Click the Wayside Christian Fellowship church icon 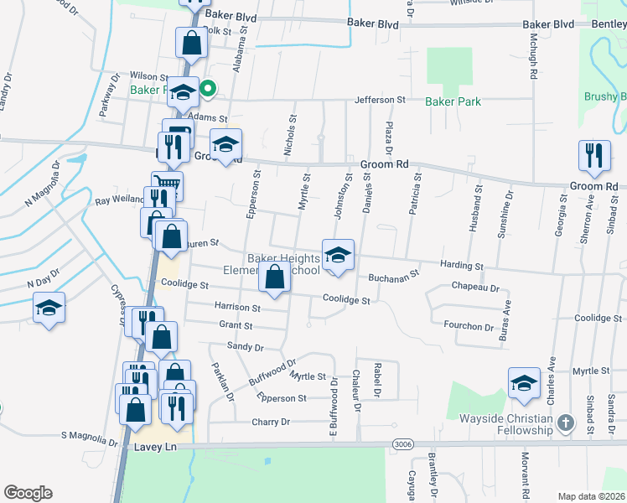click(566, 423)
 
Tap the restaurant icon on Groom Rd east click(593, 155)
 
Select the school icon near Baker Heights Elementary click(338, 255)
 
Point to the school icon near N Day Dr click(49, 308)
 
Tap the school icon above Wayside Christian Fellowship click(524, 382)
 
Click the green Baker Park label click(453, 101)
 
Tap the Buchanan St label click(392, 276)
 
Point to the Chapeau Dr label click(475, 288)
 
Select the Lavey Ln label click(158, 449)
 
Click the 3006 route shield click(402, 443)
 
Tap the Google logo click(28, 492)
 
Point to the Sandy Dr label click(245, 346)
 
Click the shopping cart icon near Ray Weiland click(167, 184)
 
